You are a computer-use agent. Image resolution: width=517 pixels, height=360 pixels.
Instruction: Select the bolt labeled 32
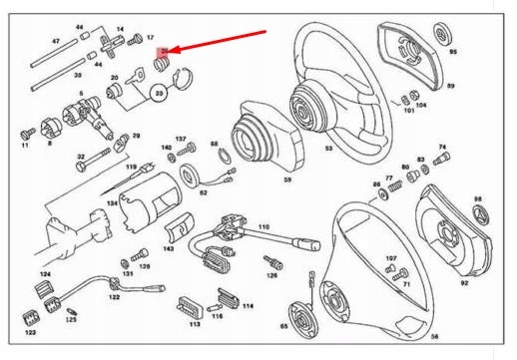(x=94, y=159)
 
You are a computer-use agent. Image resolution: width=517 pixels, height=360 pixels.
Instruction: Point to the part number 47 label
(x=56, y=42)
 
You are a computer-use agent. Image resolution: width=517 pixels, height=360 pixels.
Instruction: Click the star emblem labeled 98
(x=478, y=213)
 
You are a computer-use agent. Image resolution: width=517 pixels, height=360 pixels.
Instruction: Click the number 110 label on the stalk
(x=263, y=228)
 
